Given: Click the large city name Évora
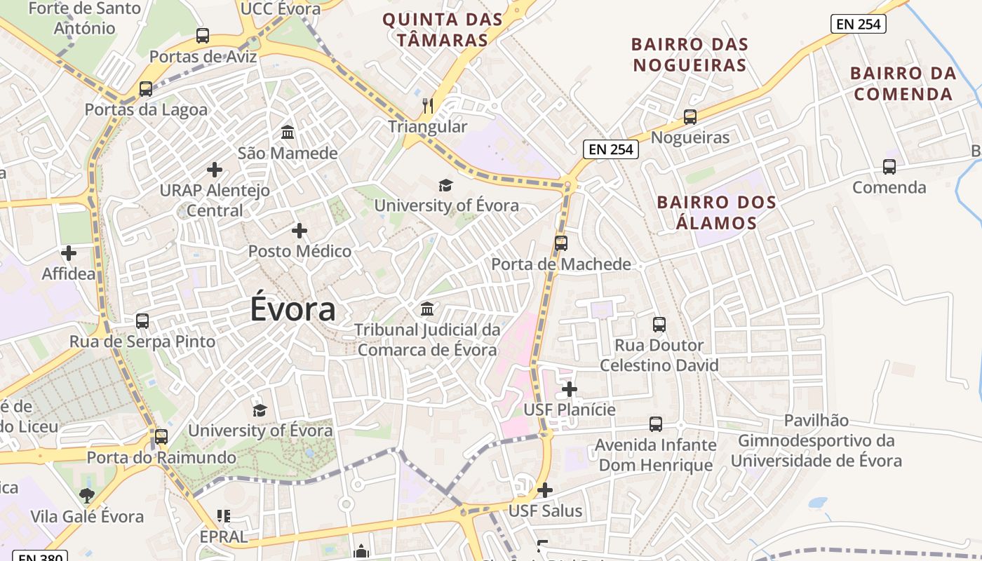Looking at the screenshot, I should coord(292,310).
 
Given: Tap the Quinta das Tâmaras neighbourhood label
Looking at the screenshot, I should coord(443,29).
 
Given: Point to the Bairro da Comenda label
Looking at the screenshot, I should coord(903,83).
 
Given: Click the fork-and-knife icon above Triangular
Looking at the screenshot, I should coord(428,106).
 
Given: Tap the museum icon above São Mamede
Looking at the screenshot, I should coord(288,132).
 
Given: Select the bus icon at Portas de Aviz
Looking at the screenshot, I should coord(203,35).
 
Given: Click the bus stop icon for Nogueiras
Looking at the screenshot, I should coord(690,116).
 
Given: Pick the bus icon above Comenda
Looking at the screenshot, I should coord(889,167).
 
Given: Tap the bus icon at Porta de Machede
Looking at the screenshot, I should coord(561,243).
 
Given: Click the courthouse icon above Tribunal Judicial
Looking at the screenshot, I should coord(426,309).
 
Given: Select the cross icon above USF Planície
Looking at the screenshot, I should coord(570,389).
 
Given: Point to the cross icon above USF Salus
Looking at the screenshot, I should coord(545,490).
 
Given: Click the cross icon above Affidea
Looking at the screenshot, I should coord(69,253).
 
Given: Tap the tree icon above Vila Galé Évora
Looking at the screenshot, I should coord(87,496).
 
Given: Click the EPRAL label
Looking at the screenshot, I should coord(224,536).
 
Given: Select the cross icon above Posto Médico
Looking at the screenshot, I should coord(300,230).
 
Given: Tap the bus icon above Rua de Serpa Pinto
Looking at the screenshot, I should coord(142,321).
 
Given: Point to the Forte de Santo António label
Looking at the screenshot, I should coord(85,18).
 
